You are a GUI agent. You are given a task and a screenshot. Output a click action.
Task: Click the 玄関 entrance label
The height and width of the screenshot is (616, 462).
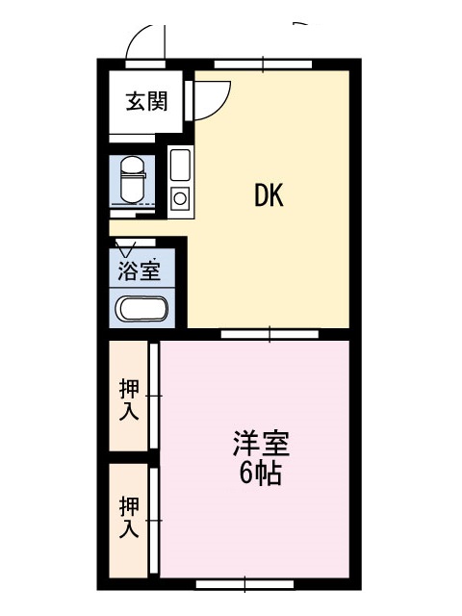[147, 101]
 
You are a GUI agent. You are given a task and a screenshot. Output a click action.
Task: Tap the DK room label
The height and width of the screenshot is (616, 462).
[269, 195]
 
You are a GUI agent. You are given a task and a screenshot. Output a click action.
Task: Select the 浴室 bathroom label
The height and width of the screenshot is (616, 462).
[140, 269]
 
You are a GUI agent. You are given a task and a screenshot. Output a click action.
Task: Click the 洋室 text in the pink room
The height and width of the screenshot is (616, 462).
[261, 444]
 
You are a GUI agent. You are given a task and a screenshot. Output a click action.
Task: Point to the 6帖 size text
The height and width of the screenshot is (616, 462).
[260, 474]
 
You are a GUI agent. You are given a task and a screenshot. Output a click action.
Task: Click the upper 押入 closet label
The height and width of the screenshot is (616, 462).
[129, 399]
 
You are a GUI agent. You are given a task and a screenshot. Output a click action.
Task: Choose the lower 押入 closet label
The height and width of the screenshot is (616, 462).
[129, 517]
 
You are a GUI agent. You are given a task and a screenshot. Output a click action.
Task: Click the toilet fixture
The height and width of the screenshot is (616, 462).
[133, 180]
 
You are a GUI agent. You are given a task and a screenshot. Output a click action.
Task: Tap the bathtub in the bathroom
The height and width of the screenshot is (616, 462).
[141, 308]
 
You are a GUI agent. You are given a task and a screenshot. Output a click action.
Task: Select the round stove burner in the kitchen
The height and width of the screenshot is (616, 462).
[180, 198]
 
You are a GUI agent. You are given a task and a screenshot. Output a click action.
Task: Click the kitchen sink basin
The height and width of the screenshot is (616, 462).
[180, 165]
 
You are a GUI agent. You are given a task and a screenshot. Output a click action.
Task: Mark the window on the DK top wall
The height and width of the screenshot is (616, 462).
[263, 64]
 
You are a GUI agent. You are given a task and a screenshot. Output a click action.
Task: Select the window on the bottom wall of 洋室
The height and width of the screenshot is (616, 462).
[244, 584]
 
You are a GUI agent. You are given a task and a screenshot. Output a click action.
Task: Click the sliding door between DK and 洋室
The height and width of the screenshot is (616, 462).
[269, 334]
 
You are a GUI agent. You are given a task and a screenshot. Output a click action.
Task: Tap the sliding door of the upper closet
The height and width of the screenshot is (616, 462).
[154, 396]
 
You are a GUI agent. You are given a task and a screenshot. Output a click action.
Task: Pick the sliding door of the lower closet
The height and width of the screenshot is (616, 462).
[154, 520]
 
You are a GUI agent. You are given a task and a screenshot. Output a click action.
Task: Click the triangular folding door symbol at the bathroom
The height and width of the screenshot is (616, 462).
[126, 247]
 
